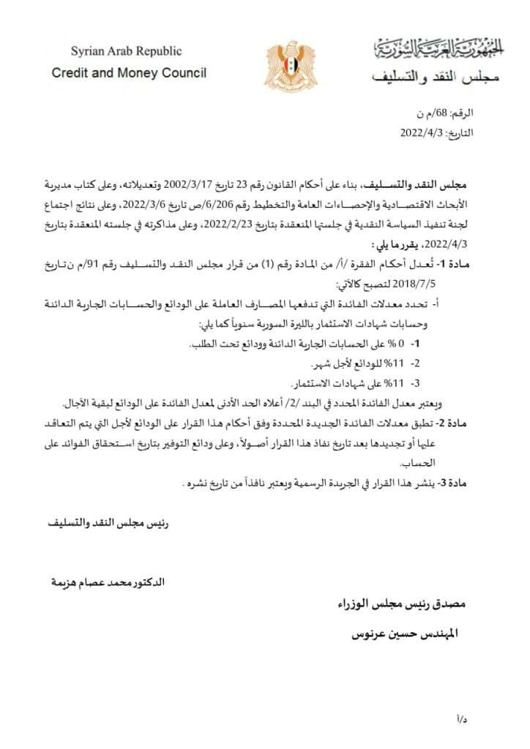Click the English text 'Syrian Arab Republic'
[126, 51]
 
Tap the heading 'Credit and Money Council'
[129, 73]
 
